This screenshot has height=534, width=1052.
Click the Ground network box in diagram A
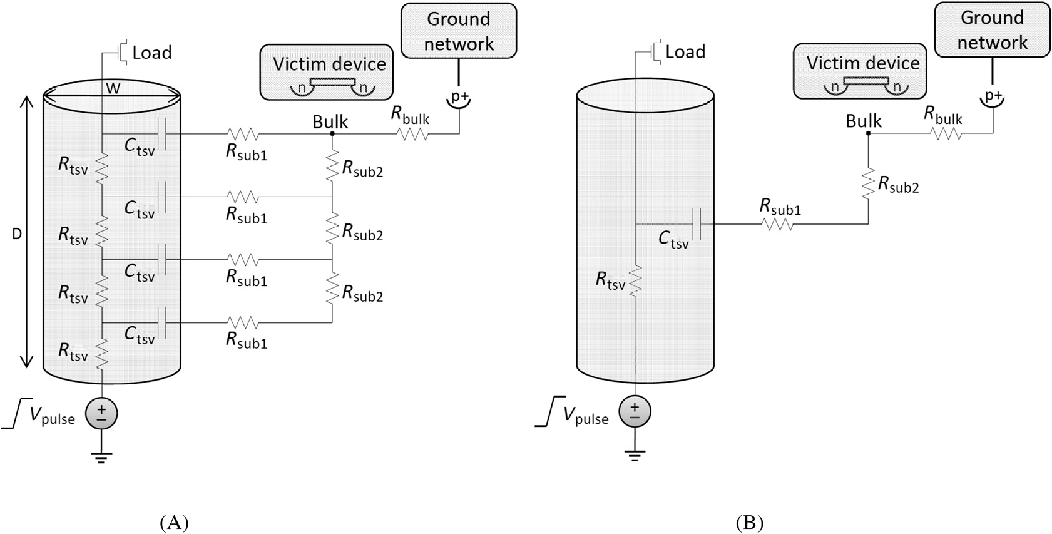pos(459,31)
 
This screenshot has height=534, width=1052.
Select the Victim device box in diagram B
pos(860,71)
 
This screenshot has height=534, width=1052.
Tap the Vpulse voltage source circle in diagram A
pos(101,414)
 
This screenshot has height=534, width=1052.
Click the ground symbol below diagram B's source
pos(635,455)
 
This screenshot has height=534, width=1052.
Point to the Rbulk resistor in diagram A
pos(413,133)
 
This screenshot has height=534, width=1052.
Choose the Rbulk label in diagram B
pos(943,115)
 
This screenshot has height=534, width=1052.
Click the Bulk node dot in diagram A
pos(332,133)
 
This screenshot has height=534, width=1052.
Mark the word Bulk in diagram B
pos(864,121)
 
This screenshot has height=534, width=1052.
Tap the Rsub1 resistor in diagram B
pos(778,223)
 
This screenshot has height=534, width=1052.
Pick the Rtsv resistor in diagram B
pos(635,280)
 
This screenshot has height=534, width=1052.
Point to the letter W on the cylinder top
pos(113,88)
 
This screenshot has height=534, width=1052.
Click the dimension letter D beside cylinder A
pos(17,234)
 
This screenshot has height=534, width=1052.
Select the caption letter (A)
pos(174,522)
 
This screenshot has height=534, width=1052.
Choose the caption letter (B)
pos(749,522)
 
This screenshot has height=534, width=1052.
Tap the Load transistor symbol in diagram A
pos(123,51)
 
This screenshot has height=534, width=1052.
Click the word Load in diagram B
pos(685,52)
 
